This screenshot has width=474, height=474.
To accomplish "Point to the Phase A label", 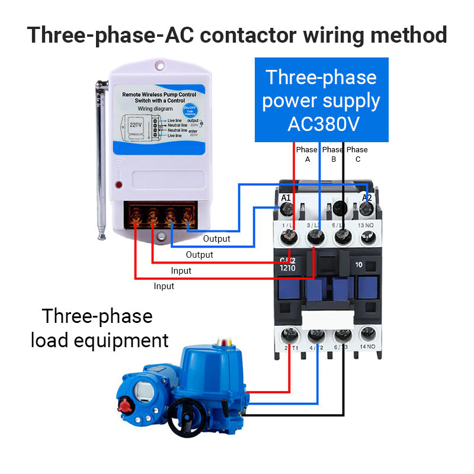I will (x=307, y=154).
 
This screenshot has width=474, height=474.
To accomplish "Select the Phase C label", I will (x=357, y=154).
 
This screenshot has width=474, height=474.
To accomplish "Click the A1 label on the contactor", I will (x=286, y=198).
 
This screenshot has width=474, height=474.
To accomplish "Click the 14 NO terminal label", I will (x=367, y=346).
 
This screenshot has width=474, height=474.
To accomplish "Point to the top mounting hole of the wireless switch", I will (x=160, y=64).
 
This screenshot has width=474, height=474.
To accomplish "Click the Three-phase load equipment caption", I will (x=100, y=328).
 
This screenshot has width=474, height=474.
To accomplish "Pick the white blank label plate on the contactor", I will (x=324, y=319).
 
